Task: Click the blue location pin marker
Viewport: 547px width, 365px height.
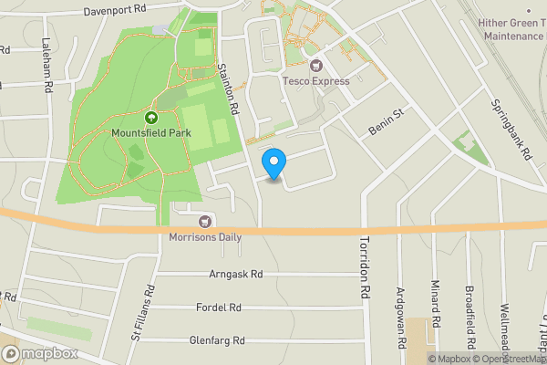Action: click(x=273, y=162)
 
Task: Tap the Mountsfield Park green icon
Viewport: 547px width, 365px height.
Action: click(x=151, y=118)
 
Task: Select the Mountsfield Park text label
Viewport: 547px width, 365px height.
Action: click(x=151, y=133)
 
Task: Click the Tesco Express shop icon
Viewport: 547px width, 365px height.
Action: click(x=316, y=66)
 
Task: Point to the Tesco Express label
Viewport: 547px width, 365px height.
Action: click(x=316, y=81)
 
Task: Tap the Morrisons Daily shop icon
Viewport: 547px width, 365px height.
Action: click(x=205, y=221)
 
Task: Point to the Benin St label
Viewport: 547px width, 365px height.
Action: click(x=385, y=120)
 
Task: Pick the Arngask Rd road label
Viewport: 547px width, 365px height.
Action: click(x=235, y=273)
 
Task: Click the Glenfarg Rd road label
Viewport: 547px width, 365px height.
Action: click(x=217, y=340)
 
